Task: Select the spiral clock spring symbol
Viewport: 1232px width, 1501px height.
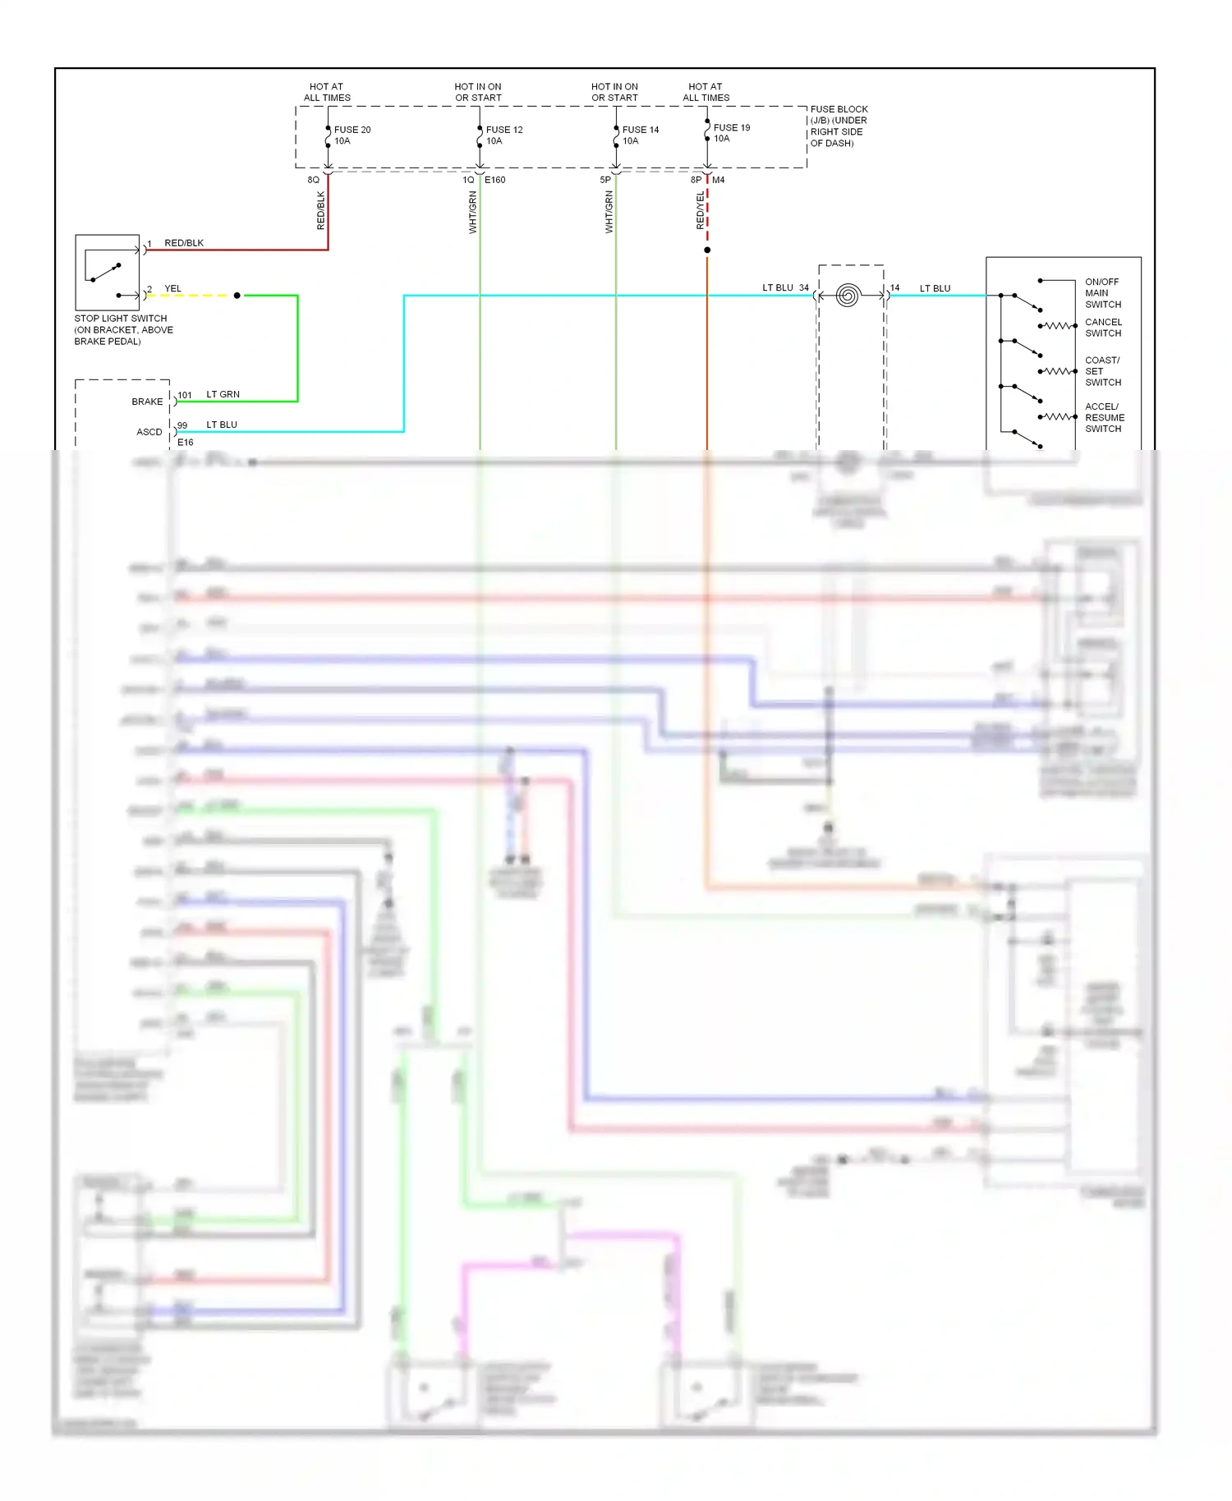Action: [x=848, y=295]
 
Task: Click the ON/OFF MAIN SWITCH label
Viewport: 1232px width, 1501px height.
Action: [x=1102, y=292]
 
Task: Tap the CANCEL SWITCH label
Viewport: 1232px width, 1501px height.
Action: [x=1102, y=327]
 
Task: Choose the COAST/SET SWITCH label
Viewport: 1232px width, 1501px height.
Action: [x=1102, y=371]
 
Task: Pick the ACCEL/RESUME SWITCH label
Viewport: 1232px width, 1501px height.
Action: [x=1104, y=417]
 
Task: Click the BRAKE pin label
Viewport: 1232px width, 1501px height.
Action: [x=147, y=402]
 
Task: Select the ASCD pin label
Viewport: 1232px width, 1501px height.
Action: [x=149, y=432]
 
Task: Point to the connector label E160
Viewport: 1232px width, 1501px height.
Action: [x=495, y=180]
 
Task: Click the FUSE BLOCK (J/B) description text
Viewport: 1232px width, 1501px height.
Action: [x=838, y=126]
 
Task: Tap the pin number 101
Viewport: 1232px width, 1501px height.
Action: [x=185, y=395]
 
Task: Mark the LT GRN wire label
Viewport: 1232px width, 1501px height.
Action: [x=223, y=394]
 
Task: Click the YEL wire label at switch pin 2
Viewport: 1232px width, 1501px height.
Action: [x=172, y=288]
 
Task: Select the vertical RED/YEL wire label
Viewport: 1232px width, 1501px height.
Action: [x=700, y=210]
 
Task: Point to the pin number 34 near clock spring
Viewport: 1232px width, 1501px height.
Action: [x=803, y=287]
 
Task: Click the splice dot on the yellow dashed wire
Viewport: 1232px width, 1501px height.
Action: [x=237, y=295]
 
